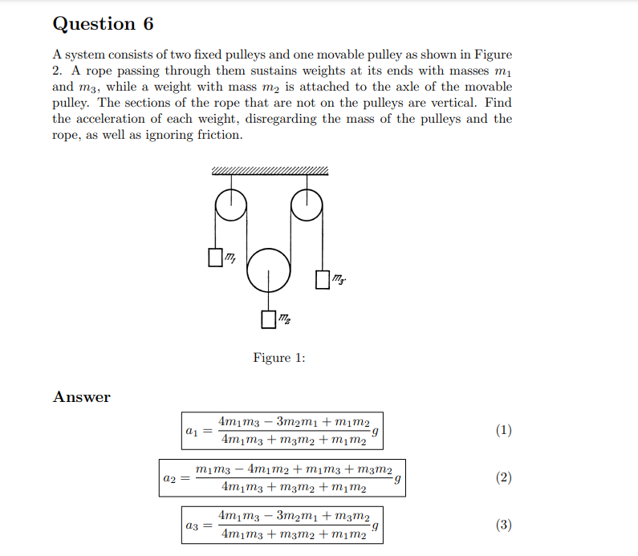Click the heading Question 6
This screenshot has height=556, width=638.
(103, 24)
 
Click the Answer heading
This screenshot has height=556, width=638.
(82, 397)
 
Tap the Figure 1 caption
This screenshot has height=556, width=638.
(278, 358)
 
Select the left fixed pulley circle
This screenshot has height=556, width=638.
(231, 205)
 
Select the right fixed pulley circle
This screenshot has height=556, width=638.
(306, 205)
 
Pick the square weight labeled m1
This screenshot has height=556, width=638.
(215, 258)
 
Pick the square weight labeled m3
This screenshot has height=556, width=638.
(323, 279)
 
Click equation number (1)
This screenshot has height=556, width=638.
(503, 430)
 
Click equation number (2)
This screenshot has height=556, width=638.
(503, 478)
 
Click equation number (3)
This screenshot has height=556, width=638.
(503, 526)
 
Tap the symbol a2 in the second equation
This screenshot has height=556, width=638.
(169, 479)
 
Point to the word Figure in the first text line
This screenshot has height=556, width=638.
(492, 55)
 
